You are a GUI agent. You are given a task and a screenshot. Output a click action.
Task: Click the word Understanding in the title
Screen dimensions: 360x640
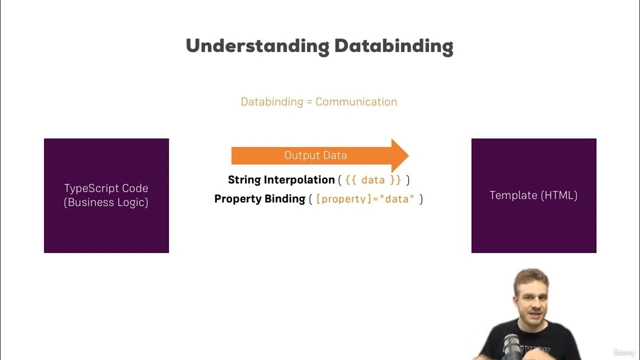click(x=256, y=46)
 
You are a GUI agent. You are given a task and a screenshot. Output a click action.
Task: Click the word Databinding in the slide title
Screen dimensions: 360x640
click(x=393, y=46)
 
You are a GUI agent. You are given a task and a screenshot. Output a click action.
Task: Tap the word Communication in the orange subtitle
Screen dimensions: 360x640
click(x=356, y=102)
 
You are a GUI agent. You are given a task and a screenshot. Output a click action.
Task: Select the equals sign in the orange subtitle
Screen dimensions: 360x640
click(x=309, y=102)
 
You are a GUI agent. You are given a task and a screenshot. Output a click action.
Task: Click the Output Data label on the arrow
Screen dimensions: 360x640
click(x=315, y=155)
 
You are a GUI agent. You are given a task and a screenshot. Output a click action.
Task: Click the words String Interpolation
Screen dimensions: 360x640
click(x=281, y=180)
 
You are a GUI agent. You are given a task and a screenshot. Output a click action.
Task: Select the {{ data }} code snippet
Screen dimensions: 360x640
click(x=373, y=180)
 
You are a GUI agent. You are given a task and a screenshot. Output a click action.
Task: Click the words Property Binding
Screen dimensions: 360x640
click(x=259, y=199)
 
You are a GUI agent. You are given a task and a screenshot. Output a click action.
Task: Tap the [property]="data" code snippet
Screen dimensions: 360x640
click(x=365, y=199)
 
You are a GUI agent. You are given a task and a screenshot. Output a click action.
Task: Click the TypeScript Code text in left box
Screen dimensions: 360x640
click(x=106, y=188)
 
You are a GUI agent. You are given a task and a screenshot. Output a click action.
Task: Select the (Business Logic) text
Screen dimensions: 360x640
click(x=106, y=202)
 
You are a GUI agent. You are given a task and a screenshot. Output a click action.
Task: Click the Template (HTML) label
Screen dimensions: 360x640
click(x=533, y=195)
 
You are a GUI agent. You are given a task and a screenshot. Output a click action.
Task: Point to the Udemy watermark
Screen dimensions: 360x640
click(x=623, y=352)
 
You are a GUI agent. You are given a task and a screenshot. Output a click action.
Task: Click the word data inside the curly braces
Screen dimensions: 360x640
click(x=372, y=180)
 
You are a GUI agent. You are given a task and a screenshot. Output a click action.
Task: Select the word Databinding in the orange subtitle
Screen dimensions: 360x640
click(x=272, y=102)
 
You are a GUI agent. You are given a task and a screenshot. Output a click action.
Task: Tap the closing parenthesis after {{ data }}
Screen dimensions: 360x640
click(x=408, y=180)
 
